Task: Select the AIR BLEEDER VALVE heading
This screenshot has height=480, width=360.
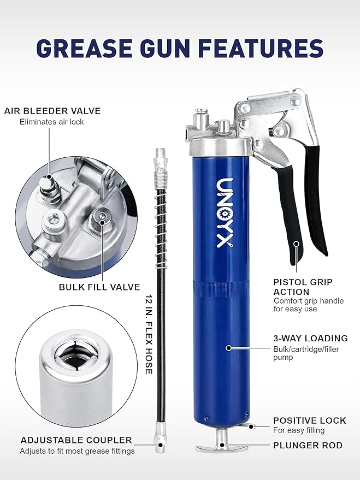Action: [52, 111]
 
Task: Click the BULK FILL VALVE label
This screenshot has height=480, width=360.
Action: [99, 287]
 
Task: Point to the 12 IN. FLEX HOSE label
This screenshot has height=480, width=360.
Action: [149, 335]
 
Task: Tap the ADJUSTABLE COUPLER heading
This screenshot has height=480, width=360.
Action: [76, 440]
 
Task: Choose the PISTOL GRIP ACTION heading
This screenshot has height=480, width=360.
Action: [303, 287]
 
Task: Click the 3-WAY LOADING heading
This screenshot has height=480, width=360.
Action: [310, 338]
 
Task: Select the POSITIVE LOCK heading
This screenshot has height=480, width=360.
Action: [310, 420]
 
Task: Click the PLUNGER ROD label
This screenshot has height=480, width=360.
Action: [308, 446]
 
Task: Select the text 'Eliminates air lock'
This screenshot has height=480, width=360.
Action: [52, 122]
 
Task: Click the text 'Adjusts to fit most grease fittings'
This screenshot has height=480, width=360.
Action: [77, 451]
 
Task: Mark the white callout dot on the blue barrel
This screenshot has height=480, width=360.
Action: [228, 347]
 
